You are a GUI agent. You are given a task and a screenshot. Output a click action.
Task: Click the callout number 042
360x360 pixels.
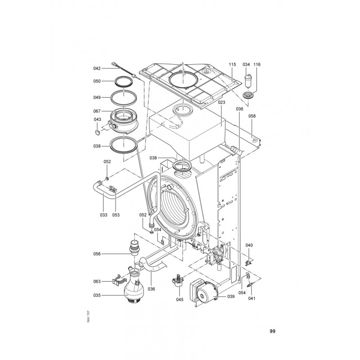click(x=97, y=68)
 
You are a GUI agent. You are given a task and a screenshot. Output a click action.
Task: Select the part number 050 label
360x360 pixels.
click(x=97, y=81)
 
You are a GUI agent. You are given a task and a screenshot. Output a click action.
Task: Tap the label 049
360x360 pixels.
click(x=97, y=97)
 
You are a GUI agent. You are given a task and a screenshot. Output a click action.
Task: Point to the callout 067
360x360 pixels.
click(x=97, y=111)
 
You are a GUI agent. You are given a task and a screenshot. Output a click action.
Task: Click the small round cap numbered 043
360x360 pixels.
click(x=98, y=132)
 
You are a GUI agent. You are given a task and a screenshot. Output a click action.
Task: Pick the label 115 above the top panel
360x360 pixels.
click(x=232, y=64)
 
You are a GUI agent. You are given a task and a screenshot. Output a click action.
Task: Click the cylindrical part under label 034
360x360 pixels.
click(x=247, y=81)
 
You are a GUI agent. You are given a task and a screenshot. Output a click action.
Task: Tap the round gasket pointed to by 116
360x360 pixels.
click(x=247, y=95)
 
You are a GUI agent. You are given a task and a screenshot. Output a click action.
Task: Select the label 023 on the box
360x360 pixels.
click(x=221, y=103)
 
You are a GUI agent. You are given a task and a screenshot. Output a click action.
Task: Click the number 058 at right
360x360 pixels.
click(x=252, y=116)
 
